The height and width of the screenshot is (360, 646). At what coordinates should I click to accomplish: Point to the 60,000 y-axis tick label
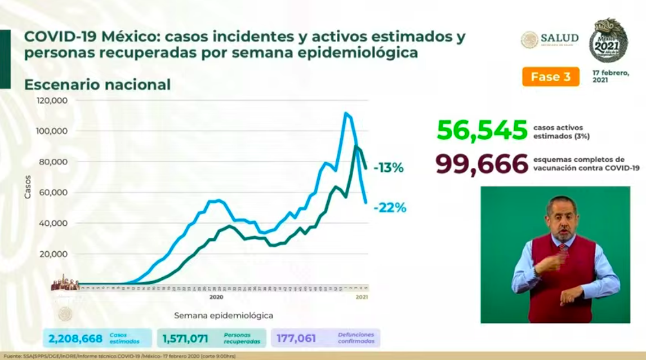coord(53,193)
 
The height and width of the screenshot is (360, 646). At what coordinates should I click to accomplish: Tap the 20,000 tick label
coord(53,254)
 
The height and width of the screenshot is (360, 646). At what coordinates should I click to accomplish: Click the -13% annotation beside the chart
coord(388,167)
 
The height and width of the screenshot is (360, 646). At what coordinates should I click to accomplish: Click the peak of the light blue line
coord(346,113)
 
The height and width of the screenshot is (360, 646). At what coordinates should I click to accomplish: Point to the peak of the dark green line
coord(356,146)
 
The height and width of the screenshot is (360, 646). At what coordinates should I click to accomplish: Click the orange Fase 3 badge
coord(550,77)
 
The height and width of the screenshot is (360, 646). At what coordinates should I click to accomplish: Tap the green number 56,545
coord(482,130)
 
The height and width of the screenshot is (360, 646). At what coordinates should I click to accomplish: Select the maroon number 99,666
coord(482,164)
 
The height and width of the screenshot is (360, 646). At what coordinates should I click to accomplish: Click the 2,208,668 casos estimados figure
coord(75,339)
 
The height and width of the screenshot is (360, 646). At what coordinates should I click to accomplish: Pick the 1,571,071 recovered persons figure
coord(185,339)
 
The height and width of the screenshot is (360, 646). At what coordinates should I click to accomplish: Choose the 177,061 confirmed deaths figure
coord(296,339)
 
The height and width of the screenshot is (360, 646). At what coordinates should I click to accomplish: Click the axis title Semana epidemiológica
coord(223,315)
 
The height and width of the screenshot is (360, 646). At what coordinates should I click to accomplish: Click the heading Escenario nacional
coord(97,85)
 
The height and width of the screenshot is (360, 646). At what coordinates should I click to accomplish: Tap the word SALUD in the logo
coord(559,38)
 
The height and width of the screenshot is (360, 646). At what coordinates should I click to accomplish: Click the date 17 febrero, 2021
coord(611,77)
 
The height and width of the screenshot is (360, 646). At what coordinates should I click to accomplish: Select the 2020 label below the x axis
coord(216,296)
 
